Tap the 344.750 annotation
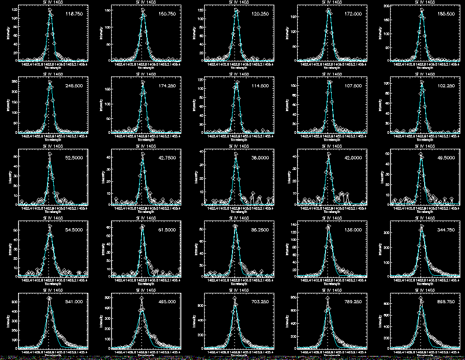[x=446, y=230]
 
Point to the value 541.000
[x=74, y=303]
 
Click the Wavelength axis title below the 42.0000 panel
[x=329, y=211]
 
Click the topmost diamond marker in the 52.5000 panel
[x=50, y=154]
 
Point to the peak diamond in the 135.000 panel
[x=328, y=226]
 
